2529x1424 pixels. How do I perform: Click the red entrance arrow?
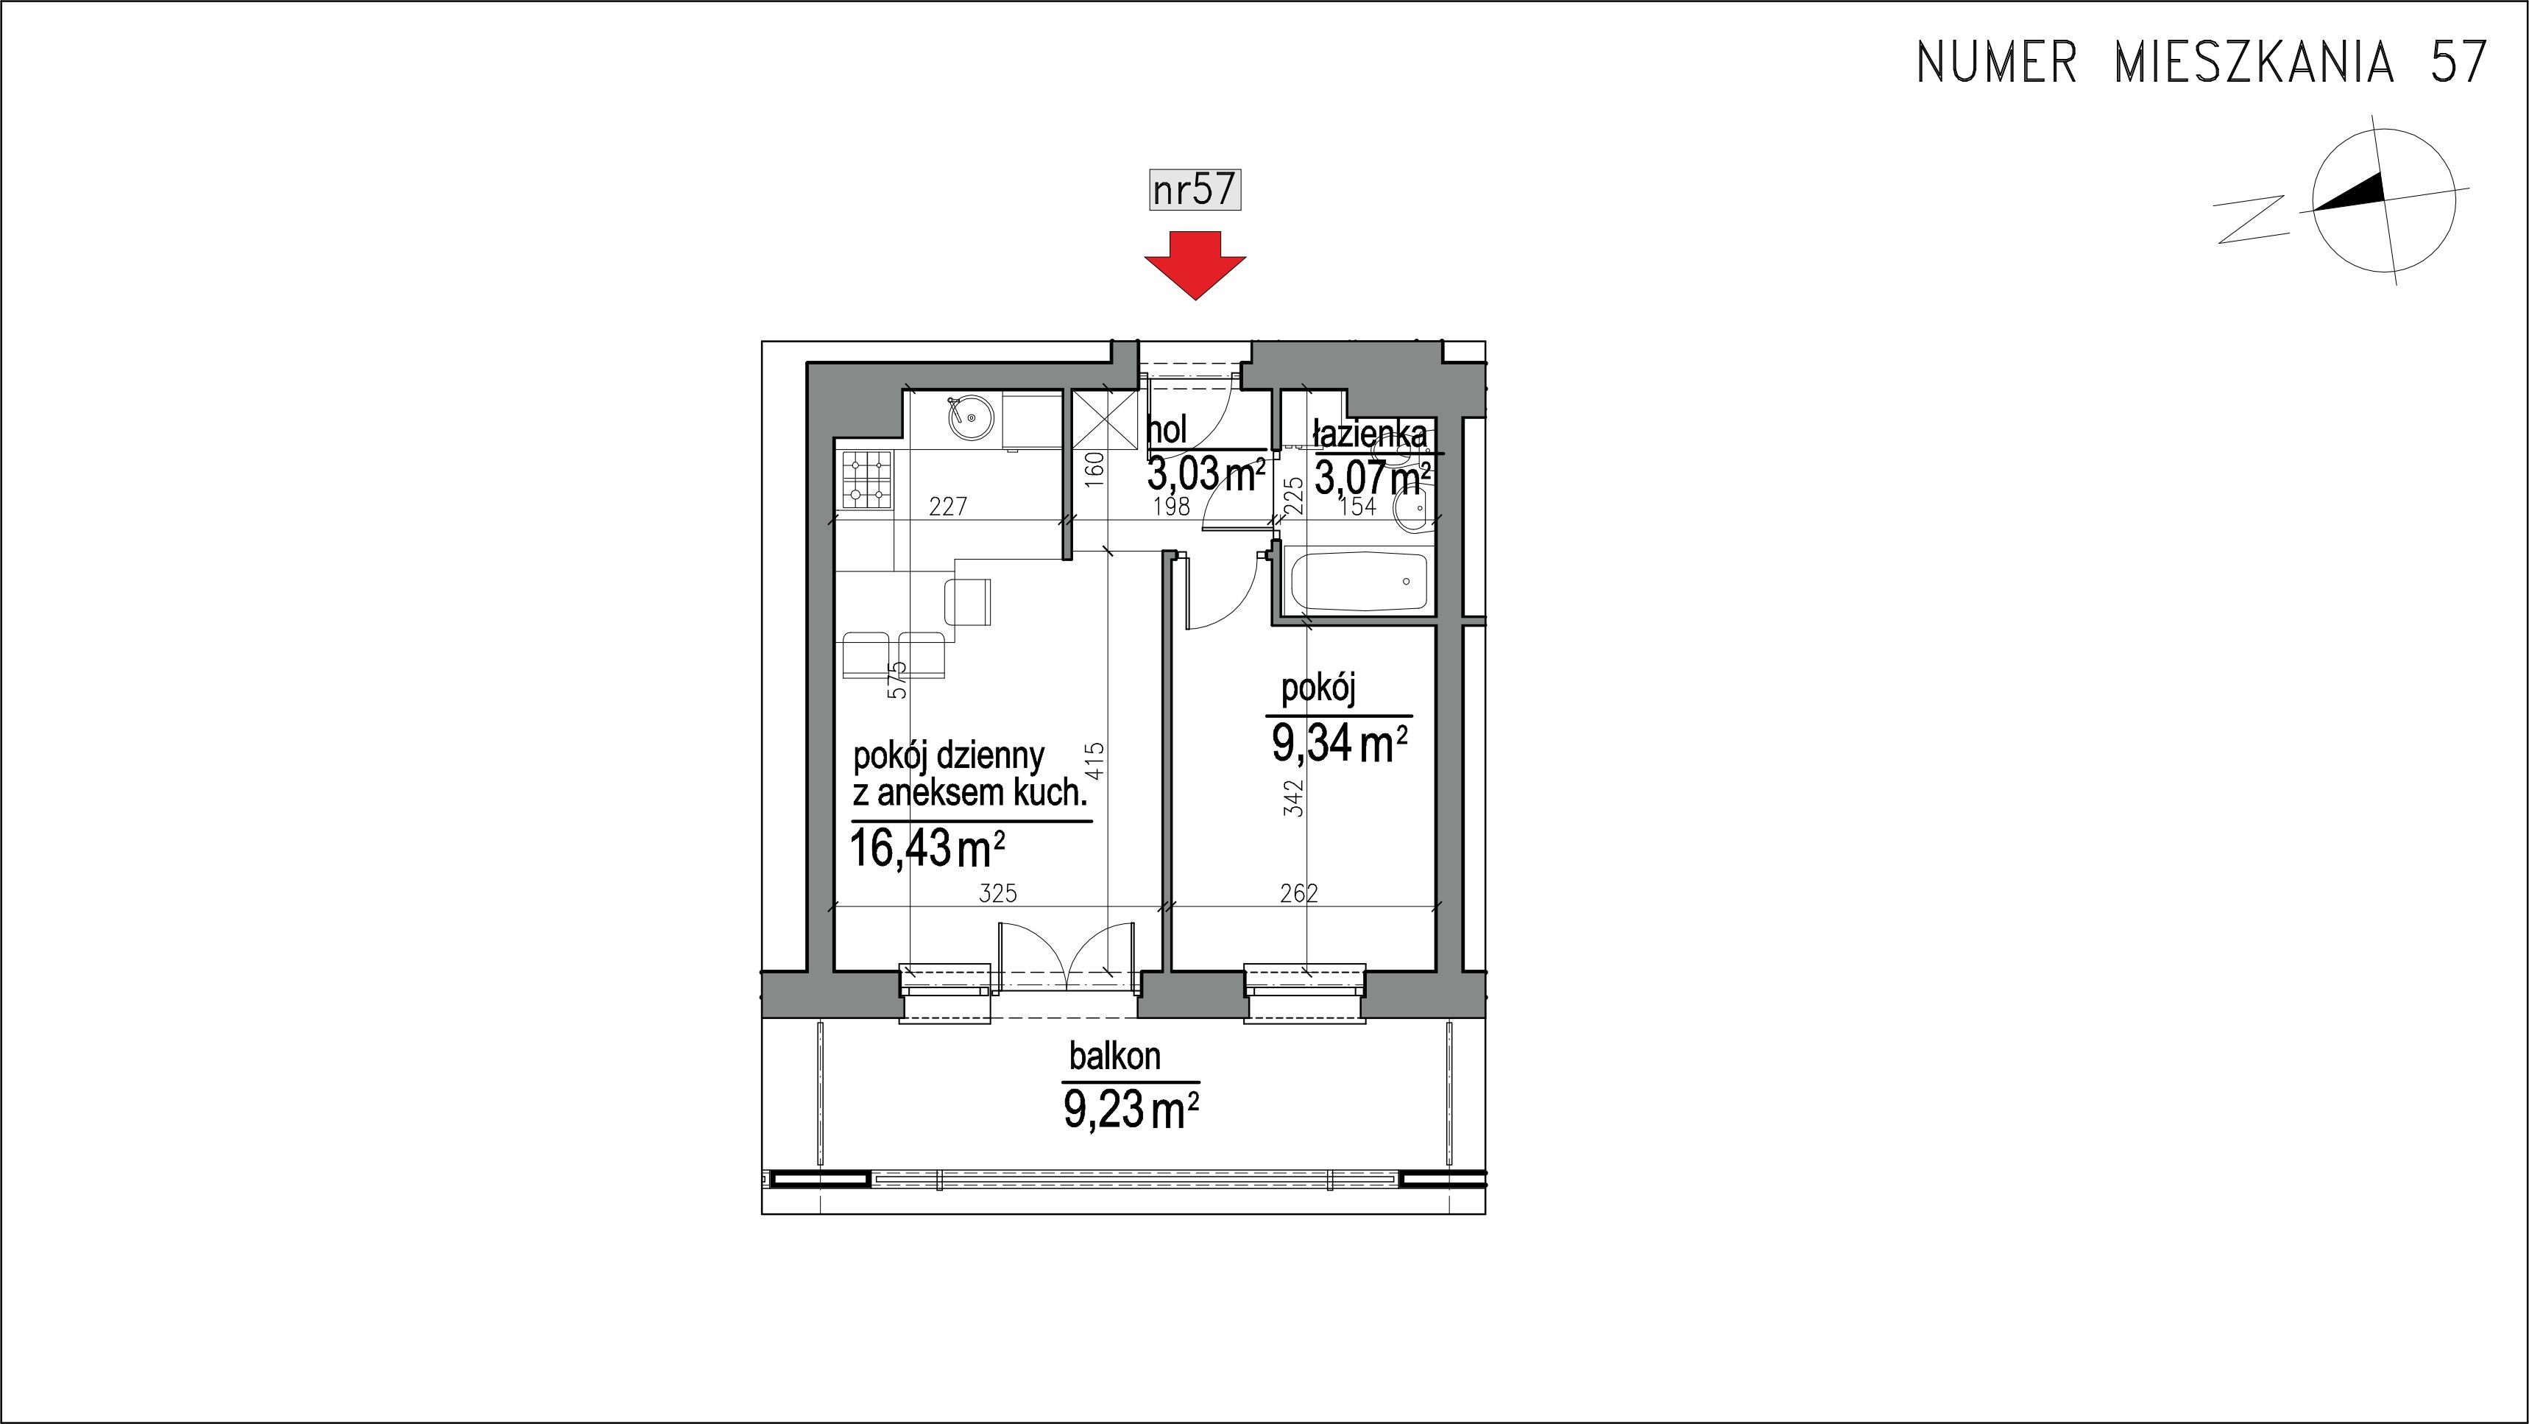click(1195, 265)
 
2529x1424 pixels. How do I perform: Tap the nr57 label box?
click(1195, 188)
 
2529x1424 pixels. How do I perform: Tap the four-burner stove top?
click(179, 480)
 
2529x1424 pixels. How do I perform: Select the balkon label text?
click(1115, 1057)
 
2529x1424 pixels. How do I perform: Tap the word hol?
click(1167, 429)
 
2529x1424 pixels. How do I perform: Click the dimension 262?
click(1299, 892)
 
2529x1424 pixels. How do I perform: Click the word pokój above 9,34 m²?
click(1318, 689)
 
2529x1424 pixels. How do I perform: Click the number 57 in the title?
click(2458, 62)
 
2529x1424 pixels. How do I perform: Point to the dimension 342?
click(1296, 797)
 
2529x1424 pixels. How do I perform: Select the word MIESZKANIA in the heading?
click(2253, 62)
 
